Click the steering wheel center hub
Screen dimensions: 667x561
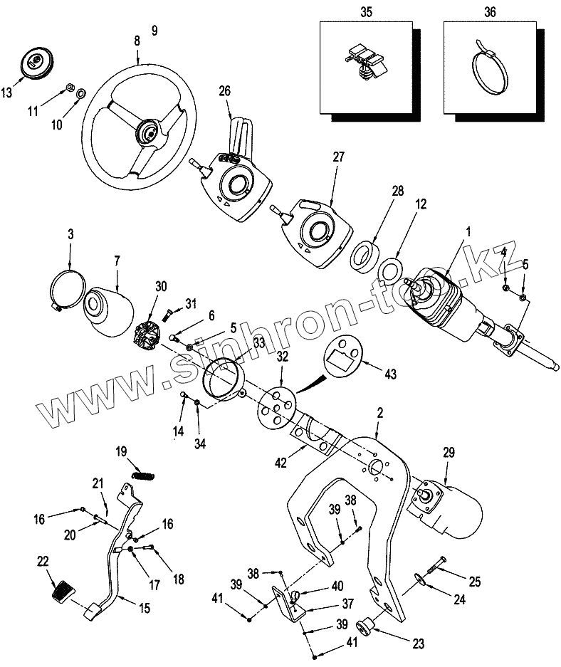[150, 132]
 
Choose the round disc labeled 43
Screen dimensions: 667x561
[345, 354]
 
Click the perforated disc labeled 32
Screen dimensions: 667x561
[275, 406]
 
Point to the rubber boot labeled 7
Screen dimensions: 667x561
[109, 310]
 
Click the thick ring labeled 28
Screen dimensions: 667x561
[366, 256]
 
